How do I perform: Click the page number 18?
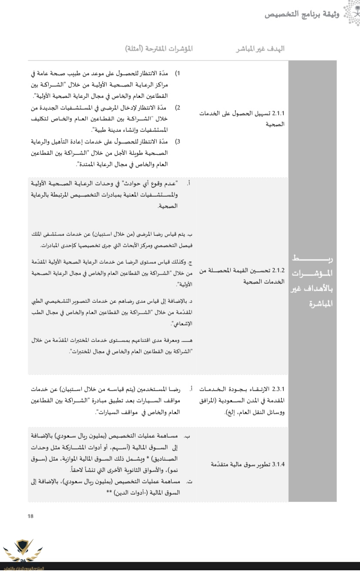click(30, 516)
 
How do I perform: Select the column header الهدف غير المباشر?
click(260, 48)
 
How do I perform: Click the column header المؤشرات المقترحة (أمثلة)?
click(158, 48)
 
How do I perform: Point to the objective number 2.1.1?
click(278, 114)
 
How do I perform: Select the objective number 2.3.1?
click(278, 388)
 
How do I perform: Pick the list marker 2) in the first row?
click(178, 107)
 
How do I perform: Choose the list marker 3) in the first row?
click(178, 141)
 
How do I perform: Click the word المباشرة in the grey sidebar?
click(312, 303)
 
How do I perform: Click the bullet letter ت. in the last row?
click(189, 482)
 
